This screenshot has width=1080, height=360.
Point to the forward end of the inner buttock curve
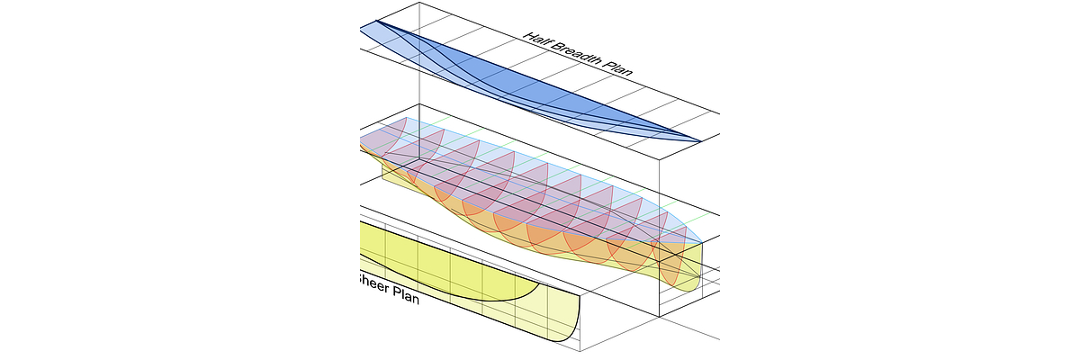click(x=540, y=285)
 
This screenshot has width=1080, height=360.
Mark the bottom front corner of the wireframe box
click(x=661, y=317)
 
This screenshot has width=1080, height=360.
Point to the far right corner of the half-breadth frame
click(x=720, y=114)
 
